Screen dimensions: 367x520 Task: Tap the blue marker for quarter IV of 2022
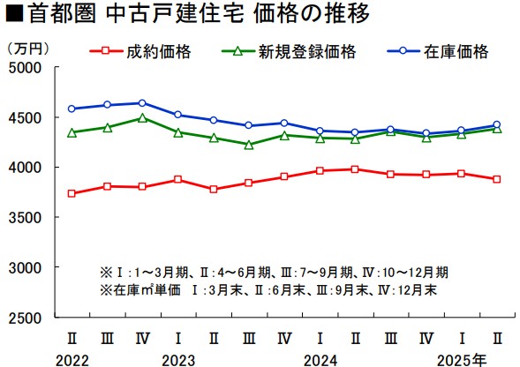[x=142, y=103]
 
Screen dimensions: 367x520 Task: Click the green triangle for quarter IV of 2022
[x=142, y=117]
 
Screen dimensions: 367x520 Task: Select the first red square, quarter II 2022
[x=72, y=193]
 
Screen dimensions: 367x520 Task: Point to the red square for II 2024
[x=355, y=169]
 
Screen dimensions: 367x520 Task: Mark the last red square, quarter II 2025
[x=496, y=179]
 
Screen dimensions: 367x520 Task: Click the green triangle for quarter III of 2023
[x=248, y=145]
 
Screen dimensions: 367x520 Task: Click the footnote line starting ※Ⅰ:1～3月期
[x=274, y=272]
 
